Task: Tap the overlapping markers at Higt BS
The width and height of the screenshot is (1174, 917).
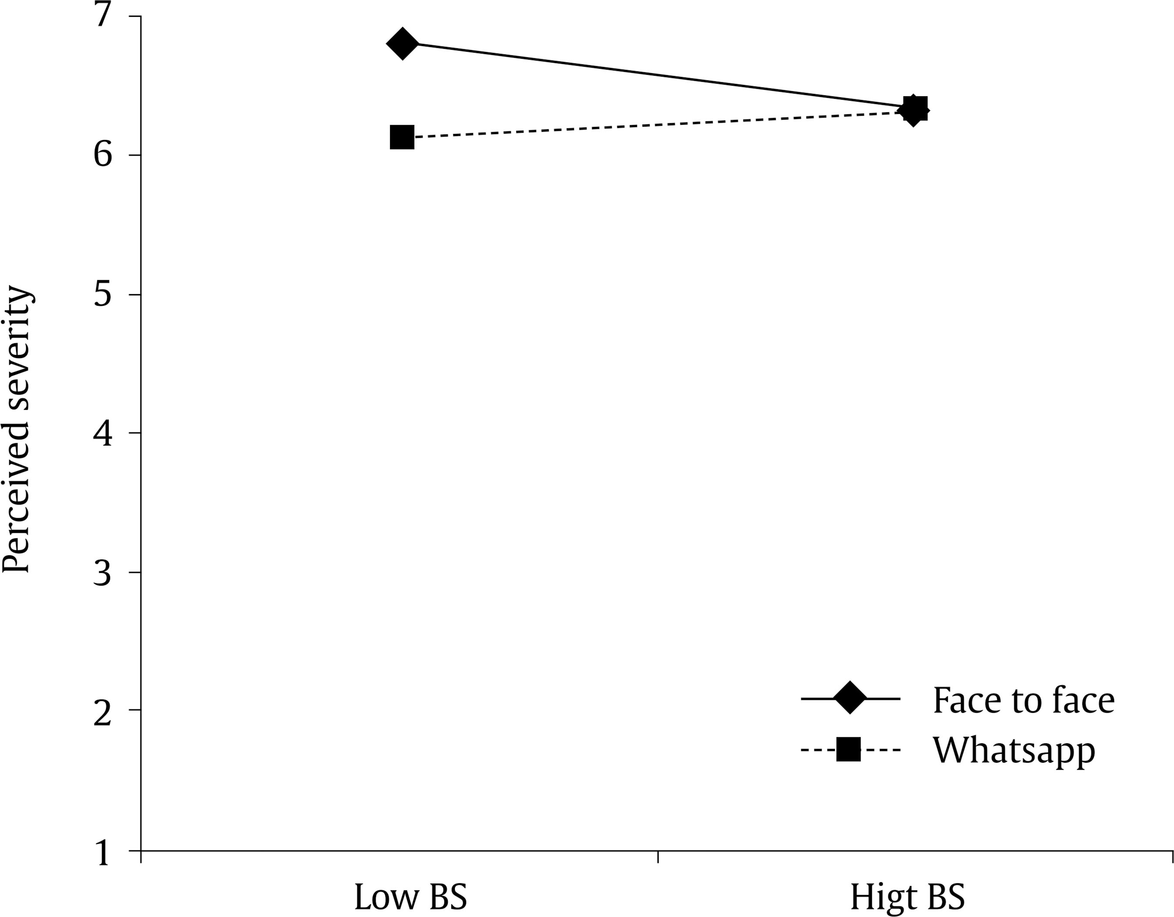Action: point(914,110)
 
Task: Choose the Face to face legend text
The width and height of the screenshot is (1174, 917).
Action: point(1024,700)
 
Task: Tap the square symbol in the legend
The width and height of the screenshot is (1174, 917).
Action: point(849,750)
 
